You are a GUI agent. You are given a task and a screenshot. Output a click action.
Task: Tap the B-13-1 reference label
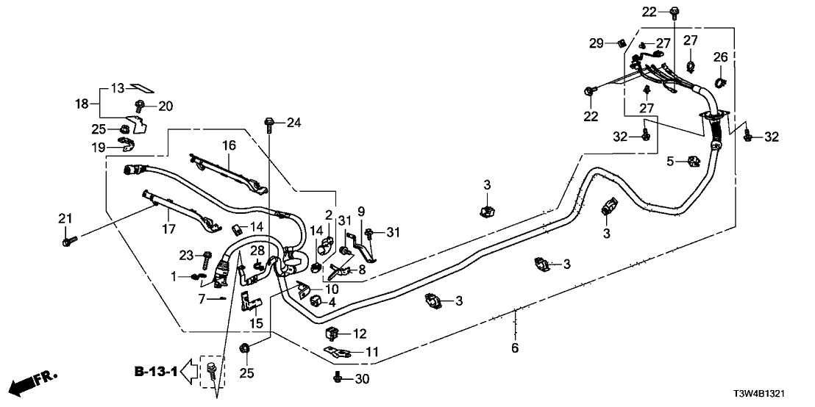tap(156, 372)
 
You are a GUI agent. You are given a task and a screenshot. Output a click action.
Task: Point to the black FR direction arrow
tap(32, 383)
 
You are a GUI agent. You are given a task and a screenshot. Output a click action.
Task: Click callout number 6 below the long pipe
tap(515, 347)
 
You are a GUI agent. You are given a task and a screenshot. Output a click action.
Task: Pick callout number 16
tap(229, 146)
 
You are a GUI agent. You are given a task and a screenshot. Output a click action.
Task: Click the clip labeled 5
tap(693, 160)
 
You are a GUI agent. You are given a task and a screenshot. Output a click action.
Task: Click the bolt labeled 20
tap(140, 106)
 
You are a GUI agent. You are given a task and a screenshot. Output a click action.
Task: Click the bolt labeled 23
tap(206, 258)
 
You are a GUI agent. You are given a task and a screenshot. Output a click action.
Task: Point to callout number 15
tap(256, 323)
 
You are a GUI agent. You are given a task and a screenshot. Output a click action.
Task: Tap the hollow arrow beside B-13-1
tap(191, 372)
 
